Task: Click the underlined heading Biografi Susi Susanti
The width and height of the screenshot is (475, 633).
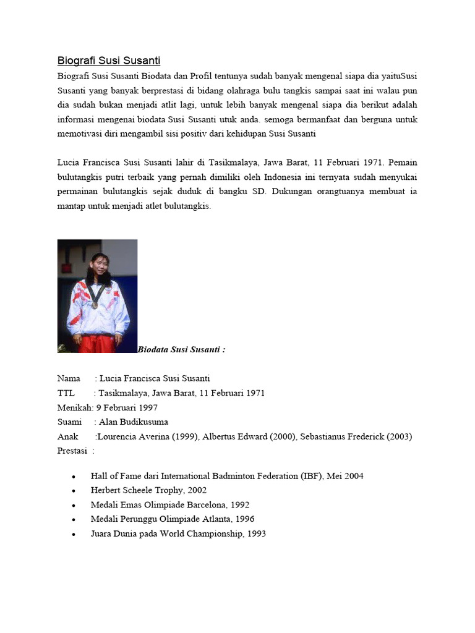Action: click(109, 61)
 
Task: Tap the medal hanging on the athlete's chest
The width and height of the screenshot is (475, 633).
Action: click(95, 304)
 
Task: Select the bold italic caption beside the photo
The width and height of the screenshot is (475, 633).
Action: click(181, 349)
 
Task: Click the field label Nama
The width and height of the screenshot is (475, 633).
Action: click(69, 378)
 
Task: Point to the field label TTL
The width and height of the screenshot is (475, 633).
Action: click(66, 393)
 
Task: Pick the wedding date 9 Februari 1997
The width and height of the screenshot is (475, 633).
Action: click(127, 407)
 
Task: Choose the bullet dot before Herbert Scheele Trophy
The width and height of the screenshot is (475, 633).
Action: click(74, 491)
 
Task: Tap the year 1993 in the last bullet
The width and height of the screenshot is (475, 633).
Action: click(256, 533)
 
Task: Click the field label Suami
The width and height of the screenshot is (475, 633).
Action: click(69, 422)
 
